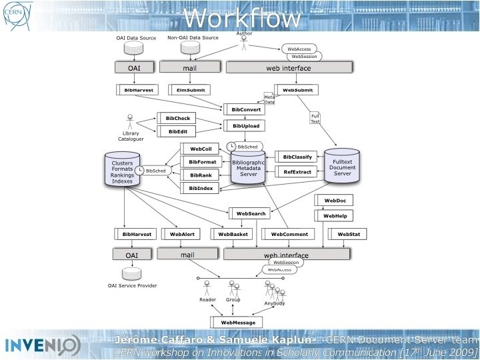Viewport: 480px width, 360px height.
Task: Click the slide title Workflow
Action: click(241, 18)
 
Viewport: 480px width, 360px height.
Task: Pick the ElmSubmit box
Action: click(189, 90)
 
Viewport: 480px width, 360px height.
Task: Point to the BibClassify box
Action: click(295, 157)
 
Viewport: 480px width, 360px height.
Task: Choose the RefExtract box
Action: click(295, 171)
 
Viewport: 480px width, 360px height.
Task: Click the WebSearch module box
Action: click(250, 213)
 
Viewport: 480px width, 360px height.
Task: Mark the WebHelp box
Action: click(333, 215)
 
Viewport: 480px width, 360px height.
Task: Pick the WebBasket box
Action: click(231, 234)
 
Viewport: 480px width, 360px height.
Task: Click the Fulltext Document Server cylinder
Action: click(342, 165)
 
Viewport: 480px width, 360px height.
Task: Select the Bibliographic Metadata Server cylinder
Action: click(248, 167)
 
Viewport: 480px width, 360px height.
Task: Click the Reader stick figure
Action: click(207, 287)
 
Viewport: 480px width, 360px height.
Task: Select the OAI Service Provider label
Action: click(132, 285)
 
